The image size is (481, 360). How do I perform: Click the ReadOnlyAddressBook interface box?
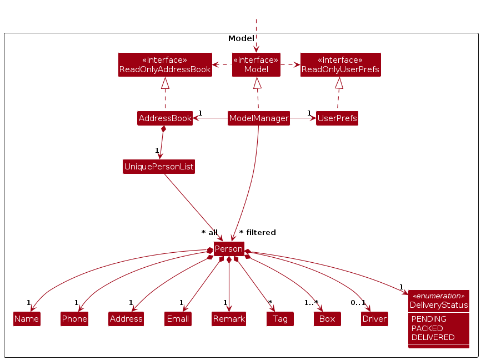(x=165, y=65)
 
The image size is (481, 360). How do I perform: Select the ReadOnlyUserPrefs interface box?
(x=340, y=65)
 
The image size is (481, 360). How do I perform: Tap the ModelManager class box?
(x=259, y=118)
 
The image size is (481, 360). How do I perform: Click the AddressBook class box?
(x=164, y=118)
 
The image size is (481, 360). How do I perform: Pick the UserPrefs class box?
(x=337, y=118)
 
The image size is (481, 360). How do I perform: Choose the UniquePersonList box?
(x=159, y=167)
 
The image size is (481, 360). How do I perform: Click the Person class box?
(x=229, y=249)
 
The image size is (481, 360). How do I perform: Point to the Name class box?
(x=27, y=319)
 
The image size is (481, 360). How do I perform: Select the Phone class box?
(x=74, y=319)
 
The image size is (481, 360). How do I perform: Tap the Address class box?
(x=126, y=319)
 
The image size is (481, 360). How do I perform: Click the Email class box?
(x=178, y=319)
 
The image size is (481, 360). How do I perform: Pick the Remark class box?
(x=229, y=319)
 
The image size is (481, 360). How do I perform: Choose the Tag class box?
(x=280, y=319)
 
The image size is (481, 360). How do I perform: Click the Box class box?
(x=327, y=319)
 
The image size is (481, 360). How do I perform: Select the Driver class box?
(x=374, y=319)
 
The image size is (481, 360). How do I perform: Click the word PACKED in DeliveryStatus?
(x=427, y=328)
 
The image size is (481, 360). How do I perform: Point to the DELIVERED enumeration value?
(x=433, y=337)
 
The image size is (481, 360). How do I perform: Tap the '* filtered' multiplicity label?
(x=258, y=233)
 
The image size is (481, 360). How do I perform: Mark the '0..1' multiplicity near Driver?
(x=358, y=303)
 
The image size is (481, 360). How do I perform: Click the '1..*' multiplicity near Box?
(x=311, y=303)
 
